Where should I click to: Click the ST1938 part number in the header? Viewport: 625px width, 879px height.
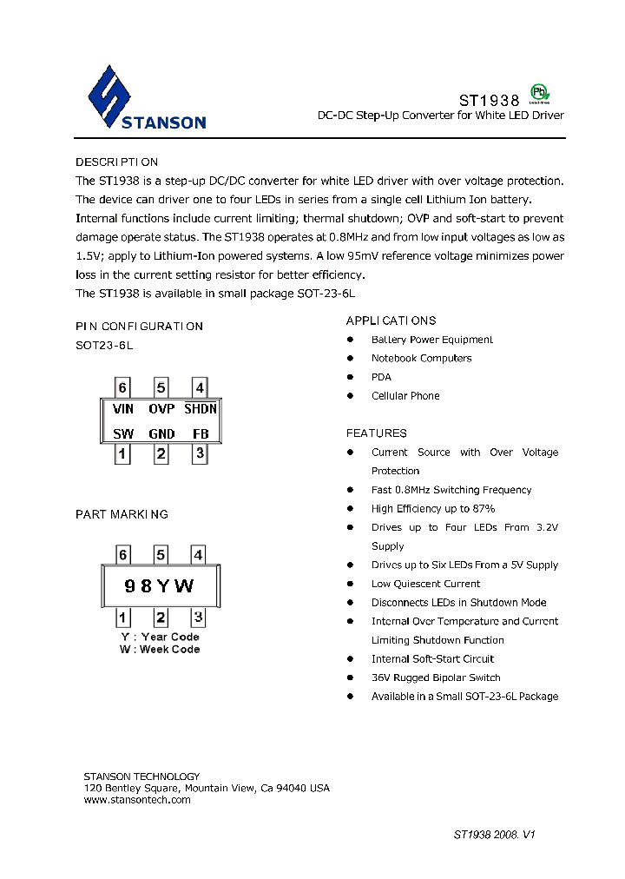click(x=489, y=101)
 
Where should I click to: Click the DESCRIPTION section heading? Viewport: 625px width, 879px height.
click(x=116, y=162)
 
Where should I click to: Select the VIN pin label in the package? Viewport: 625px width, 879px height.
click(x=123, y=408)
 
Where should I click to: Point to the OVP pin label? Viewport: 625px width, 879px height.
click(x=161, y=408)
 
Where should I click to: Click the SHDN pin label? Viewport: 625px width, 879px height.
click(x=201, y=408)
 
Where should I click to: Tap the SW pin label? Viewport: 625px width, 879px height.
click(x=123, y=433)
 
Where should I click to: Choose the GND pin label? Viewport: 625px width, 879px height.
click(x=161, y=433)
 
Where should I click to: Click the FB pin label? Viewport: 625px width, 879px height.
click(x=201, y=433)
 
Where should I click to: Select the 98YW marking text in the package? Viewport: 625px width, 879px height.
click(x=160, y=586)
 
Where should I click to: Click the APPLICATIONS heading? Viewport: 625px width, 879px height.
click(x=391, y=321)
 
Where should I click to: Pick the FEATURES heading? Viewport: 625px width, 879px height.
click(x=376, y=433)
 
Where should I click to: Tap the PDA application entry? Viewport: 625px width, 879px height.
click(x=381, y=377)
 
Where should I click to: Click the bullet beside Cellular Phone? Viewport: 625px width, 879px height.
click(x=351, y=396)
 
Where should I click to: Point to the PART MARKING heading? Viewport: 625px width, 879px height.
click(x=122, y=514)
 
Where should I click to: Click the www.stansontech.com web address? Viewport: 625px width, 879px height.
click(x=137, y=800)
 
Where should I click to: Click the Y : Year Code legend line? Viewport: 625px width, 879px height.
click(x=160, y=637)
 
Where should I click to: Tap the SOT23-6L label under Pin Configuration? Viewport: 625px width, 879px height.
click(x=104, y=345)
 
